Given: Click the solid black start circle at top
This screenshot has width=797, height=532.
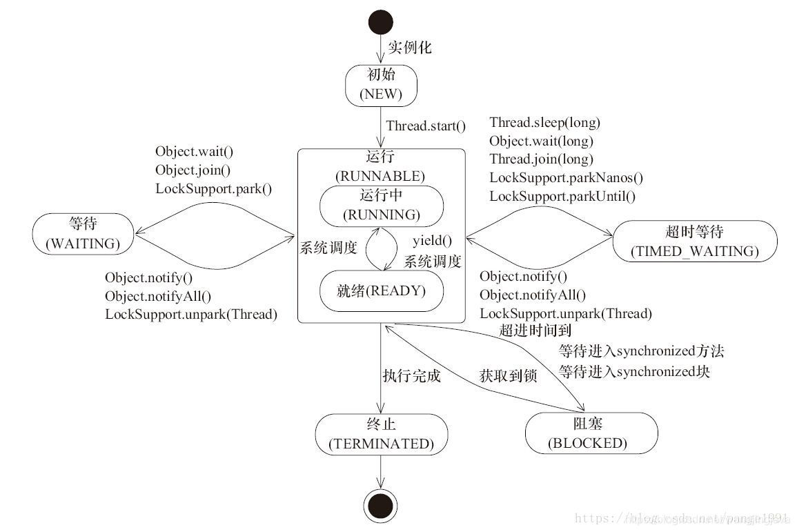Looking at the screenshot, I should click(x=381, y=21).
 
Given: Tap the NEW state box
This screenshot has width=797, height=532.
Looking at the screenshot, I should click(x=380, y=86).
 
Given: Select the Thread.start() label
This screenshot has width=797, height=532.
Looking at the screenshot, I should click(x=426, y=126).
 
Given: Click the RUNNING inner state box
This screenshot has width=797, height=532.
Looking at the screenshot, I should click(x=381, y=204).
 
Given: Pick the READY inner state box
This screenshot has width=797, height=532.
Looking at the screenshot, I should click(x=381, y=291).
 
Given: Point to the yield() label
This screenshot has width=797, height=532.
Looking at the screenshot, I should click(x=432, y=241).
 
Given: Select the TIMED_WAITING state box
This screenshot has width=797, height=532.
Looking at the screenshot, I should click(x=694, y=242).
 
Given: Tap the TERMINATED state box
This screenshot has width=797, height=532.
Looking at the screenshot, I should click(x=381, y=434).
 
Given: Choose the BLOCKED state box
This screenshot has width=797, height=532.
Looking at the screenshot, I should click(x=587, y=433).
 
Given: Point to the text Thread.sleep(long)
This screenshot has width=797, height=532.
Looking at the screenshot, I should click(x=544, y=123).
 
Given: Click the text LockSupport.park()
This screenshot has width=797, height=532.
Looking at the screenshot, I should click(x=213, y=188).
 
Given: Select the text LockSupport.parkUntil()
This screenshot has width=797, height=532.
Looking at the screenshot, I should click(x=562, y=196).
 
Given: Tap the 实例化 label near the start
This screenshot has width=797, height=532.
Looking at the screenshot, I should click(x=409, y=48).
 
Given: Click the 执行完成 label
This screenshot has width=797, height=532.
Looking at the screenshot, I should click(x=411, y=376).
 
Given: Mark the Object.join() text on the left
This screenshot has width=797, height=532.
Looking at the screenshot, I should click(x=193, y=170).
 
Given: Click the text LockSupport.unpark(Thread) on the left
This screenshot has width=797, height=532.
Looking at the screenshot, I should click(x=190, y=314).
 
